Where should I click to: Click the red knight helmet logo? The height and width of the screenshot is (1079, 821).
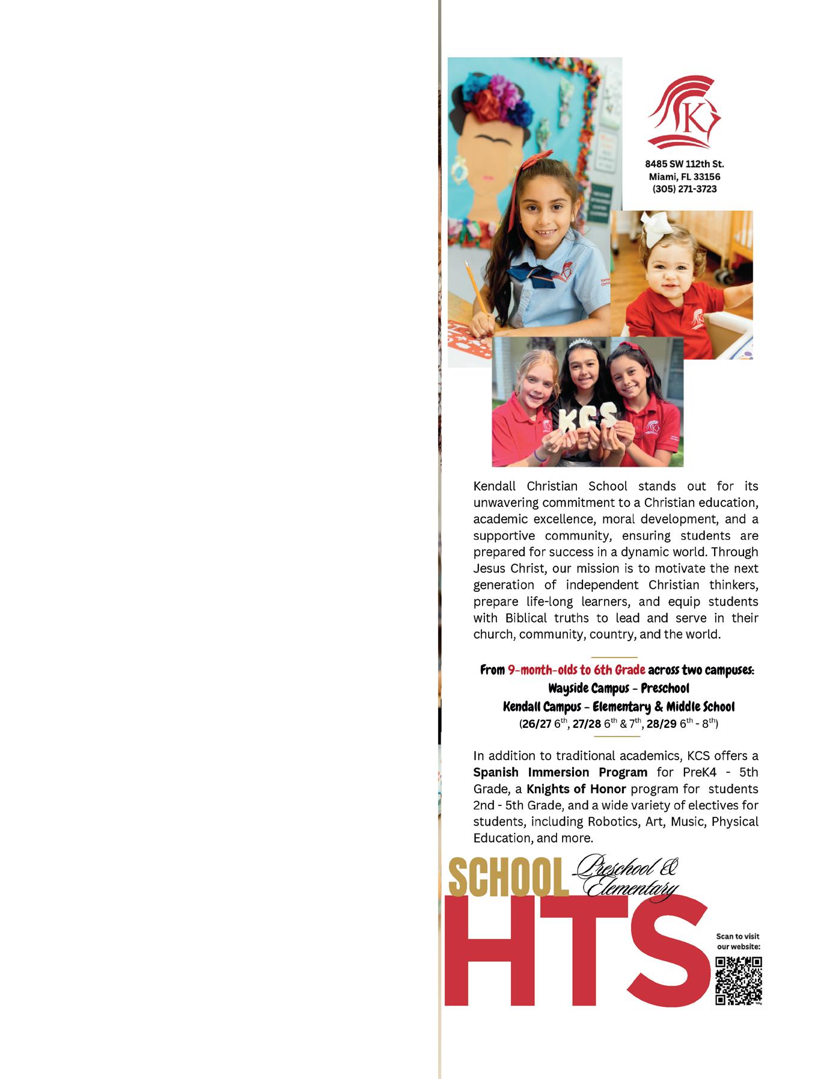click(684, 112)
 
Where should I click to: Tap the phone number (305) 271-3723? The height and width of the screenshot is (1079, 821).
click(684, 189)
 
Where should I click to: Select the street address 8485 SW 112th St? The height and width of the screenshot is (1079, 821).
click(684, 164)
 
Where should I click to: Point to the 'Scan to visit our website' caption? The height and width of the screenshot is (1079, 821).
click(738, 941)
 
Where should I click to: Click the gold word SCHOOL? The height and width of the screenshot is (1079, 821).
click(508, 880)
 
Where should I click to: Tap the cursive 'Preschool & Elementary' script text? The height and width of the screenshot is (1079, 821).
click(628, 878)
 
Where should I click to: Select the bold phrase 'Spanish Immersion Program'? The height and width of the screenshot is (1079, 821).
click(560, 772)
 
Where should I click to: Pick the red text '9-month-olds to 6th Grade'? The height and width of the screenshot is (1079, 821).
click(576, 670)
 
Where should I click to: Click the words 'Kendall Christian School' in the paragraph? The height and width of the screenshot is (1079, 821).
click(550, 486)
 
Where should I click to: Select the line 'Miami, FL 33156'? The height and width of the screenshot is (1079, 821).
click(684, 177)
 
